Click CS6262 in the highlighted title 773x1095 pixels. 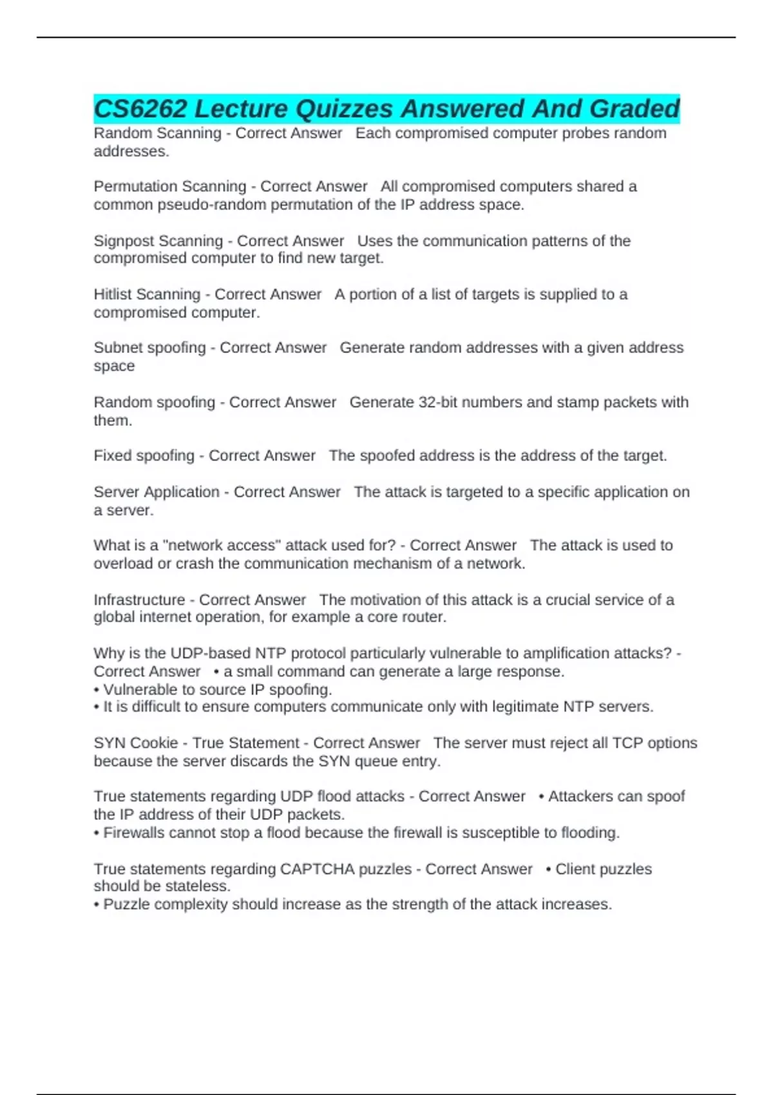point(140,109)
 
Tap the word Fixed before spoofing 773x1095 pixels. point(111,455)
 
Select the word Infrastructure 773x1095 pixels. point(139,600)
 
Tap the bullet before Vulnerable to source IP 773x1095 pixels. point(97,689)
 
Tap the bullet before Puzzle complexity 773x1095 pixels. point(97,904)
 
